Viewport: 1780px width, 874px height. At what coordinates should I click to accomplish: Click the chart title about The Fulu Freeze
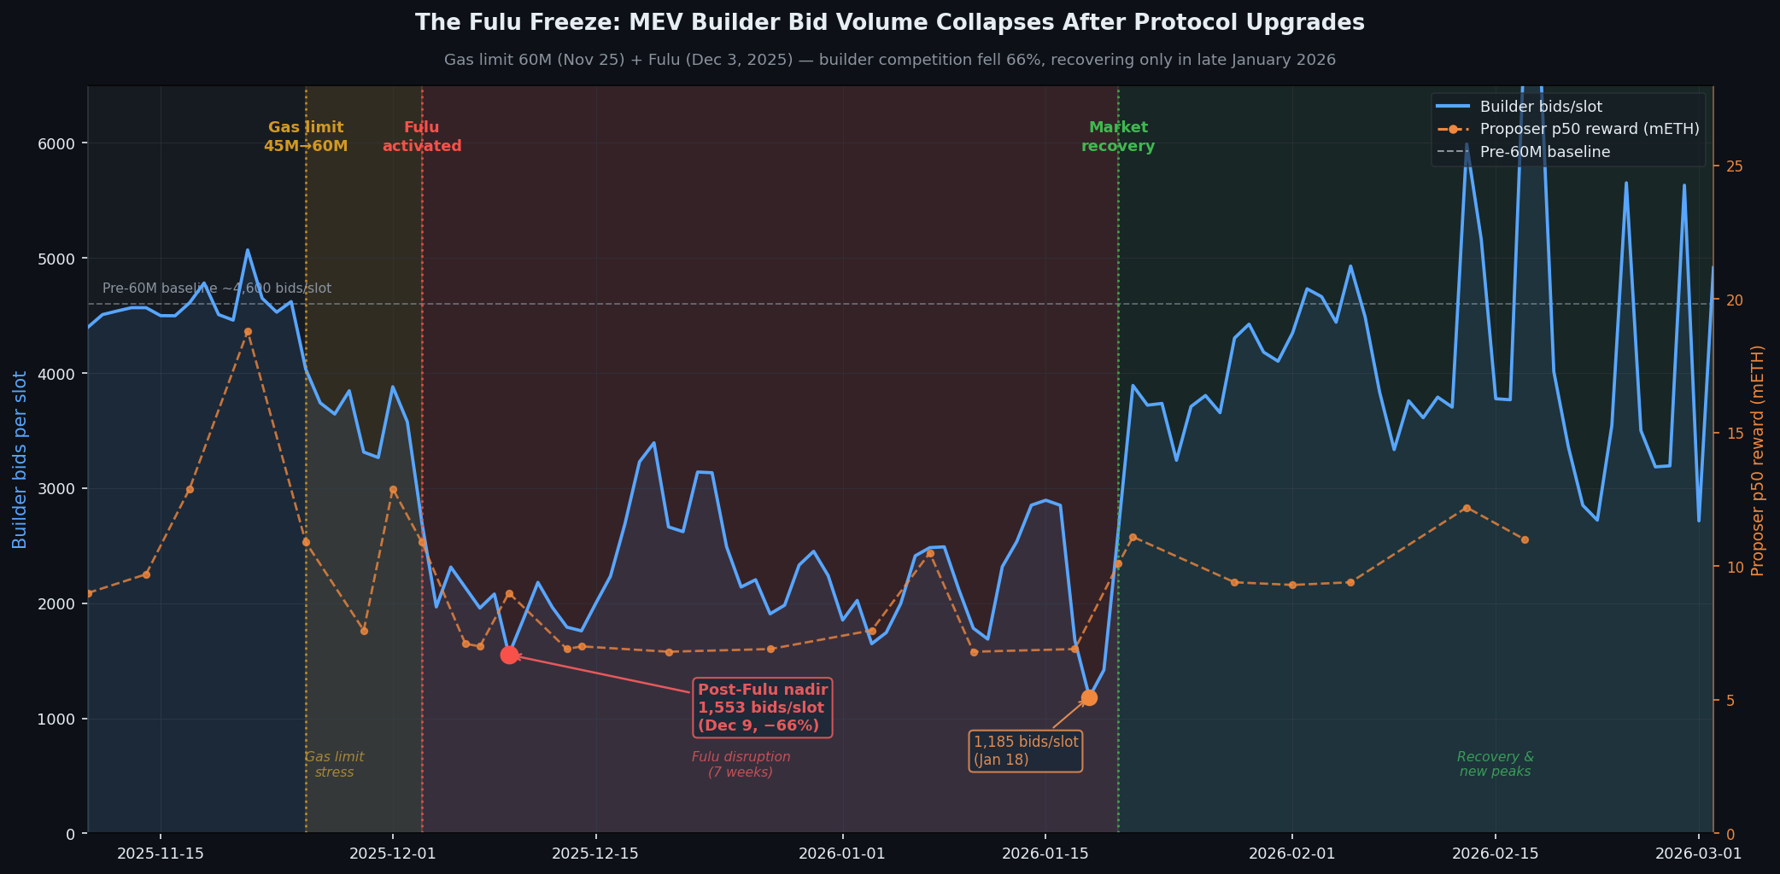tap(889, 23)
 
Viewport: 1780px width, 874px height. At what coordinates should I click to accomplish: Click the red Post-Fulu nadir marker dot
tap(509, 655)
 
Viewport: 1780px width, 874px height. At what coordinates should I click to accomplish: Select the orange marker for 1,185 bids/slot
tap(1089, 698)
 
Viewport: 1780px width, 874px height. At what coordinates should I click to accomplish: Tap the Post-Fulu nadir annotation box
tap(762, 708)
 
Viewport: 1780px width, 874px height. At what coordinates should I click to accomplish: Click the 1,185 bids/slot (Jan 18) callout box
tap(1025, 751)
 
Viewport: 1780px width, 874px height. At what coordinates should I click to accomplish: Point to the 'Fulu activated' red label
tap(422, 137)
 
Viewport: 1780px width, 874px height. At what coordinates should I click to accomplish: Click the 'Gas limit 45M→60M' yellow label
tap(306, 137)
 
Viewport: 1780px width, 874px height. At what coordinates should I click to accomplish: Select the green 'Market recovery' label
tap(1118, 137)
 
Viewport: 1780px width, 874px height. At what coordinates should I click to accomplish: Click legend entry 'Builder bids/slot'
tap(1540, 107)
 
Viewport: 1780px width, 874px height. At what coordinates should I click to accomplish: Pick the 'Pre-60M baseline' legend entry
tap(1544, 152)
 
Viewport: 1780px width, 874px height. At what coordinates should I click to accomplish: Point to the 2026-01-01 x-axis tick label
tap(842, 853)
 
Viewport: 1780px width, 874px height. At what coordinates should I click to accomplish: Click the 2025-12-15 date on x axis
tap(595, 853)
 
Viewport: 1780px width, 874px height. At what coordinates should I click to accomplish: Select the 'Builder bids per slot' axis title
tap(20, 459)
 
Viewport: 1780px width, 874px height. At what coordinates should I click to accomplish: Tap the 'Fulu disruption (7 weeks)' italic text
tap(741, 764)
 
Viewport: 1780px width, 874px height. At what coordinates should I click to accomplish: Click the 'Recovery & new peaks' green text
tap(1495, 764)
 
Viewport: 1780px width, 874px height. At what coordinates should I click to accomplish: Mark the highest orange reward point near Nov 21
tap(248, 332)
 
